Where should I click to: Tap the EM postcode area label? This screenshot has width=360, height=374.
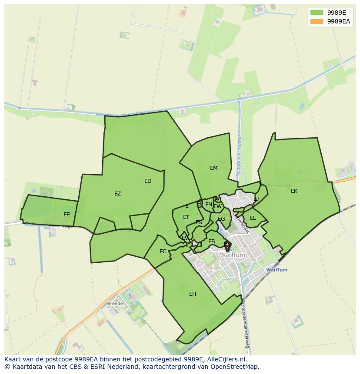[x=213, y=168]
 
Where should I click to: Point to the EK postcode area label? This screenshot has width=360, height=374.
[x=294, y=191]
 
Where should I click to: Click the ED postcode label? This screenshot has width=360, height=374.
[x=148, y=181]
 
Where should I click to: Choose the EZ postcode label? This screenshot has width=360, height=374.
[x=117, y=194]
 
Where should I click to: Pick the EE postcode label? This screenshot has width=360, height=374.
[x=67, y=215]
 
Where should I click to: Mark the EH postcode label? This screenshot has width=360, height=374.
[x=193, y=294]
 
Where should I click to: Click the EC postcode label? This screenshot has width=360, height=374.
[x=163, y=252]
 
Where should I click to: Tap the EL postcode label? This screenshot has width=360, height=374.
[x=253, y=218]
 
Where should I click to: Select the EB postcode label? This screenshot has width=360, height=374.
[x=212, y=242]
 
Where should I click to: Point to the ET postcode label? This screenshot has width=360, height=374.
[x=186, y=217]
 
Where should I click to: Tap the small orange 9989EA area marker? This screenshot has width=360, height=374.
[x=227, y=246]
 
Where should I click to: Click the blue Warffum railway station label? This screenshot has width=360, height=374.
[x=277, y=270]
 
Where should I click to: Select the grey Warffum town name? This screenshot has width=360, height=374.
[x=233, y=255]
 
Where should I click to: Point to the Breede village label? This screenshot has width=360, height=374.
[x=115, y=304]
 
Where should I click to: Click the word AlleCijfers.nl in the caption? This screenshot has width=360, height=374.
[x=227, y=359]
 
